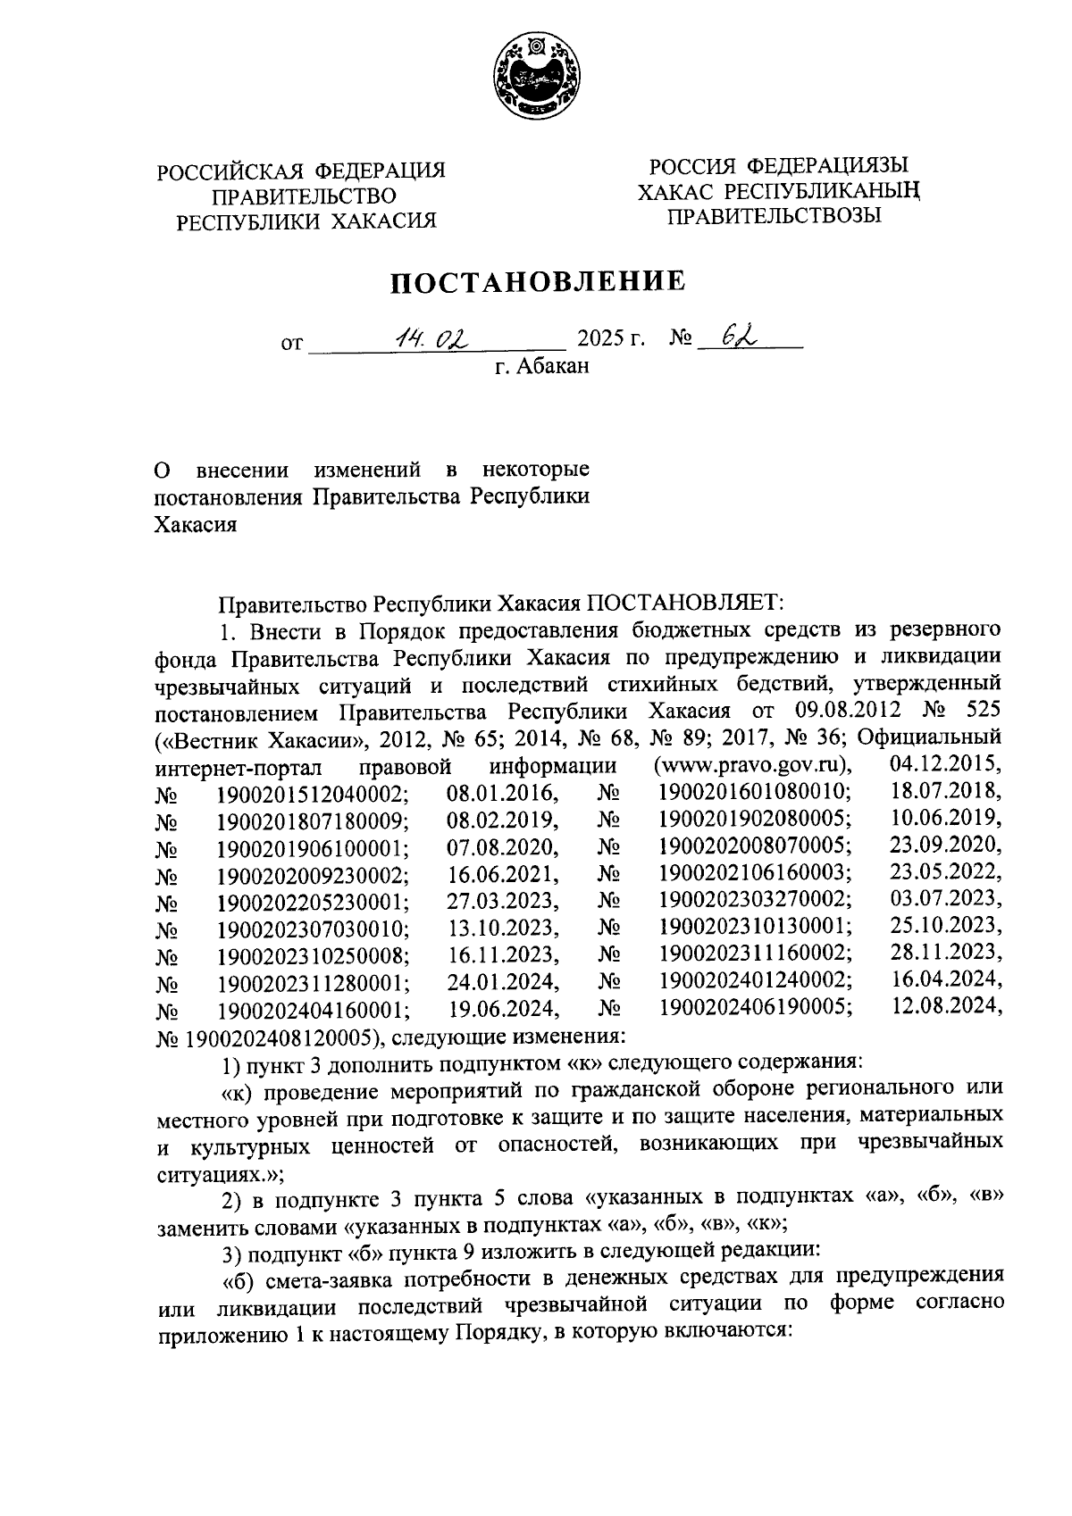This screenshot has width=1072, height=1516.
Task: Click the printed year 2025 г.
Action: click(x=612, y=340)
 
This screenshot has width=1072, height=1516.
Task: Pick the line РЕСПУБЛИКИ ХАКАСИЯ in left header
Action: click(x=306, y=221)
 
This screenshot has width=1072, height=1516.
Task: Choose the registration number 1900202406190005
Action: click(x=755, y=1009)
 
